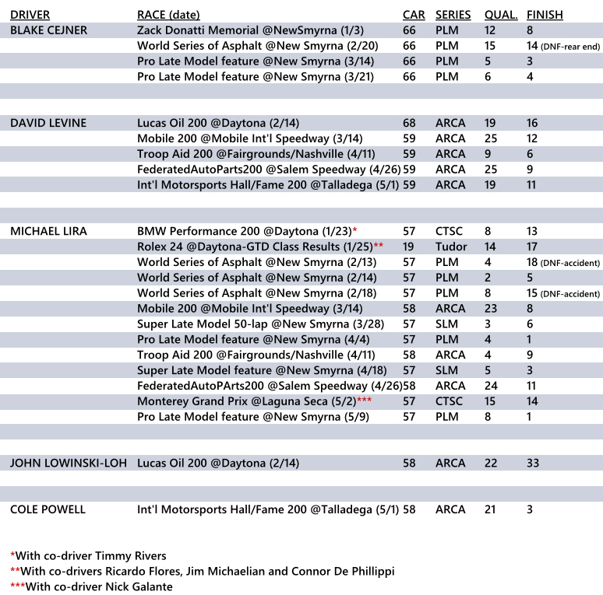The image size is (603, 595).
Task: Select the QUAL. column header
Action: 500,15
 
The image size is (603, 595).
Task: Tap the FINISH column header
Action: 545,15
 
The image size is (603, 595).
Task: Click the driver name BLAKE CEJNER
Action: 48,30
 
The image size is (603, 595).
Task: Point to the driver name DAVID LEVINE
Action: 48,123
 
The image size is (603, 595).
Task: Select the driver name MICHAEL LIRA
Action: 48,231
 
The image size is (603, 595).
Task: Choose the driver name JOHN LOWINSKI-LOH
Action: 68,463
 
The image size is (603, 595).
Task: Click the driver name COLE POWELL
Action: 48,509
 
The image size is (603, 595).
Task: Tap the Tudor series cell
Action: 449,247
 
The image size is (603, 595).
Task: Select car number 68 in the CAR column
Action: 410,123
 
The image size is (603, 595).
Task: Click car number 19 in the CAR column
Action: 409,247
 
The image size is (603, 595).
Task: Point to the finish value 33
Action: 534,463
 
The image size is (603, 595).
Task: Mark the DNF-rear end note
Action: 572,47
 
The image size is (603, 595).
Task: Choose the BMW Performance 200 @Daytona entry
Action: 243,231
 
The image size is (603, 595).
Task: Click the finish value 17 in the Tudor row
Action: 533,247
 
